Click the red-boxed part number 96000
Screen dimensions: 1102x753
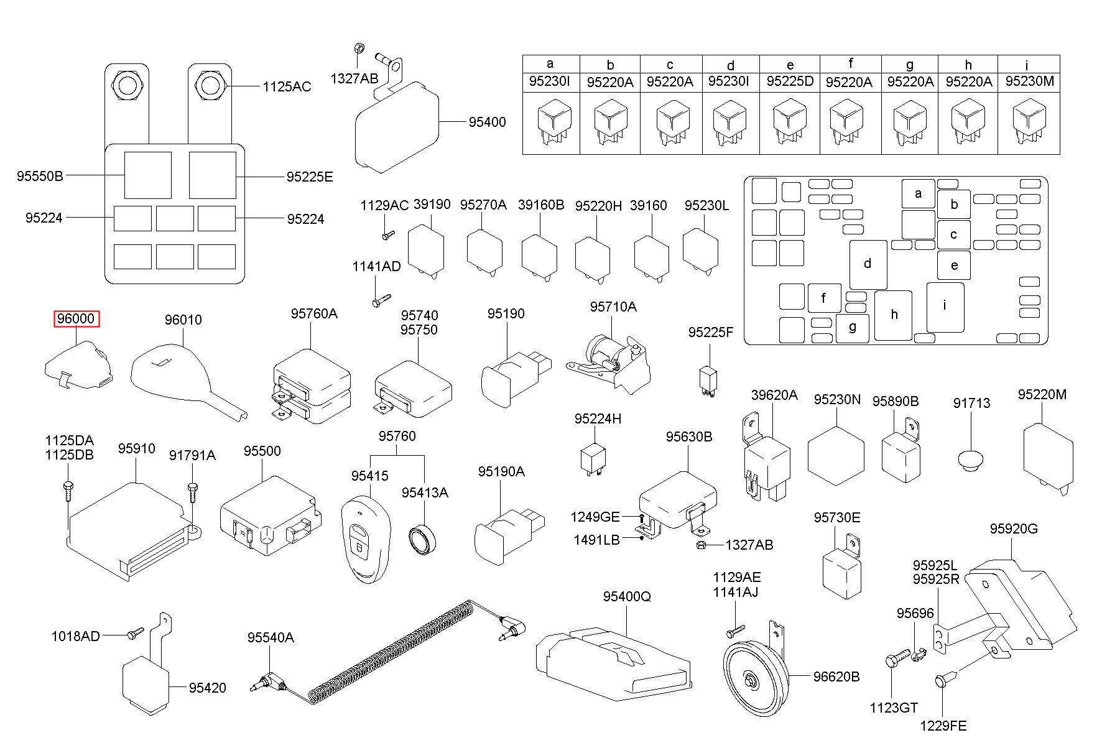click(x=76, y=319)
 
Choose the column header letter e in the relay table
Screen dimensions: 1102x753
click(x=790, y=65)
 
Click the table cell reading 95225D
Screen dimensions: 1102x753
click(x=790, y=81)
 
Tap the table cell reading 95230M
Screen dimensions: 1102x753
click(x=1029, y=81)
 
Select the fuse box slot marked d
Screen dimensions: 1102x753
click(x=868, y=264)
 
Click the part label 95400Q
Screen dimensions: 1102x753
click(x=626, y=596)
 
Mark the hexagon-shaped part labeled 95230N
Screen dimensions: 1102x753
click(x=836, y=455)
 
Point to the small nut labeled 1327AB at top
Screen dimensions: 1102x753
click(x=358, y=48)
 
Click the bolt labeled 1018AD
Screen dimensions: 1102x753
click(x=134, y=634)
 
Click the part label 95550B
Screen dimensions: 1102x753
click(x=40, y=176)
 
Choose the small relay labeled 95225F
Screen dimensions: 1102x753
click(x=707, y=379)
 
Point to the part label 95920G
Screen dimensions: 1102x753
click(x=1014, y=529)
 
